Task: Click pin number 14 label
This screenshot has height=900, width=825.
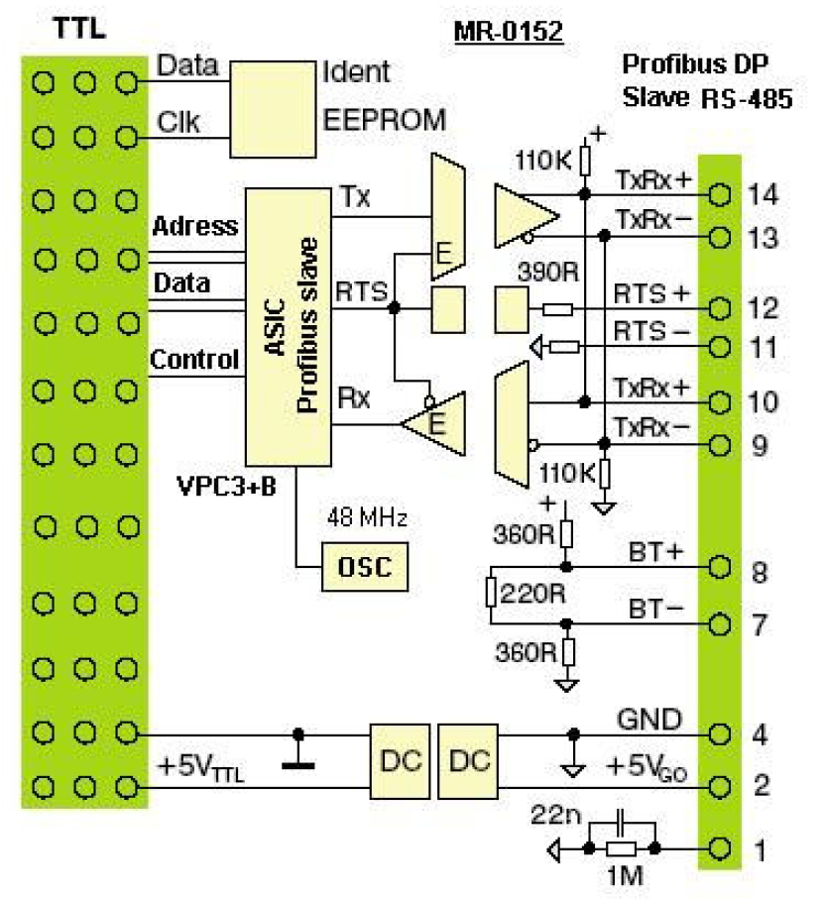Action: (764, 194)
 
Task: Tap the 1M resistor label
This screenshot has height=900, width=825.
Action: (622, 878)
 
